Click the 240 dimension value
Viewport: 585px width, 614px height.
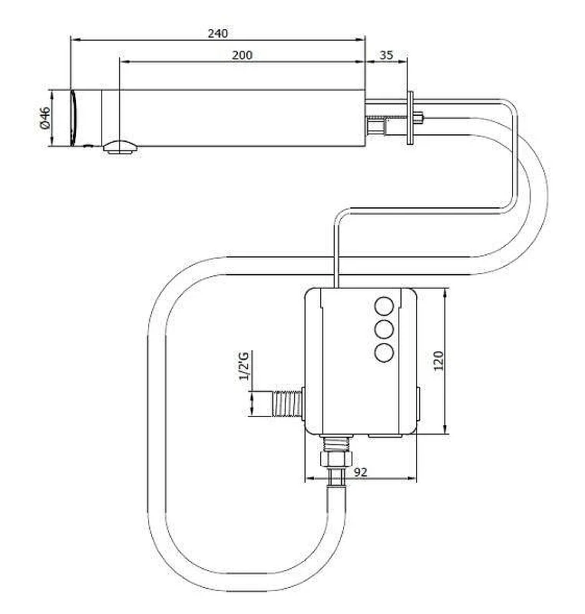tap(217, 33)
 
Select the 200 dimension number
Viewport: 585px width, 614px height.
tap(242, 55)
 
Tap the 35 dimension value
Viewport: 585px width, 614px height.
tap(386, 55)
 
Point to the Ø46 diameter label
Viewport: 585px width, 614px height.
tap(45, 118)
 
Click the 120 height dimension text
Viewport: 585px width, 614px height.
tap(438, 361)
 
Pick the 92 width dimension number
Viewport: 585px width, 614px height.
tap(360, 472)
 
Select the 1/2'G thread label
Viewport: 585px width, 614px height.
tap(243, 366)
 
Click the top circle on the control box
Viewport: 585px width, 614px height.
tap(384, 306)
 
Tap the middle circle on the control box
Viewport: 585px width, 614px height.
tap(384, 329)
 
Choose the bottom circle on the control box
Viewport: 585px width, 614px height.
tap(384, 352)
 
